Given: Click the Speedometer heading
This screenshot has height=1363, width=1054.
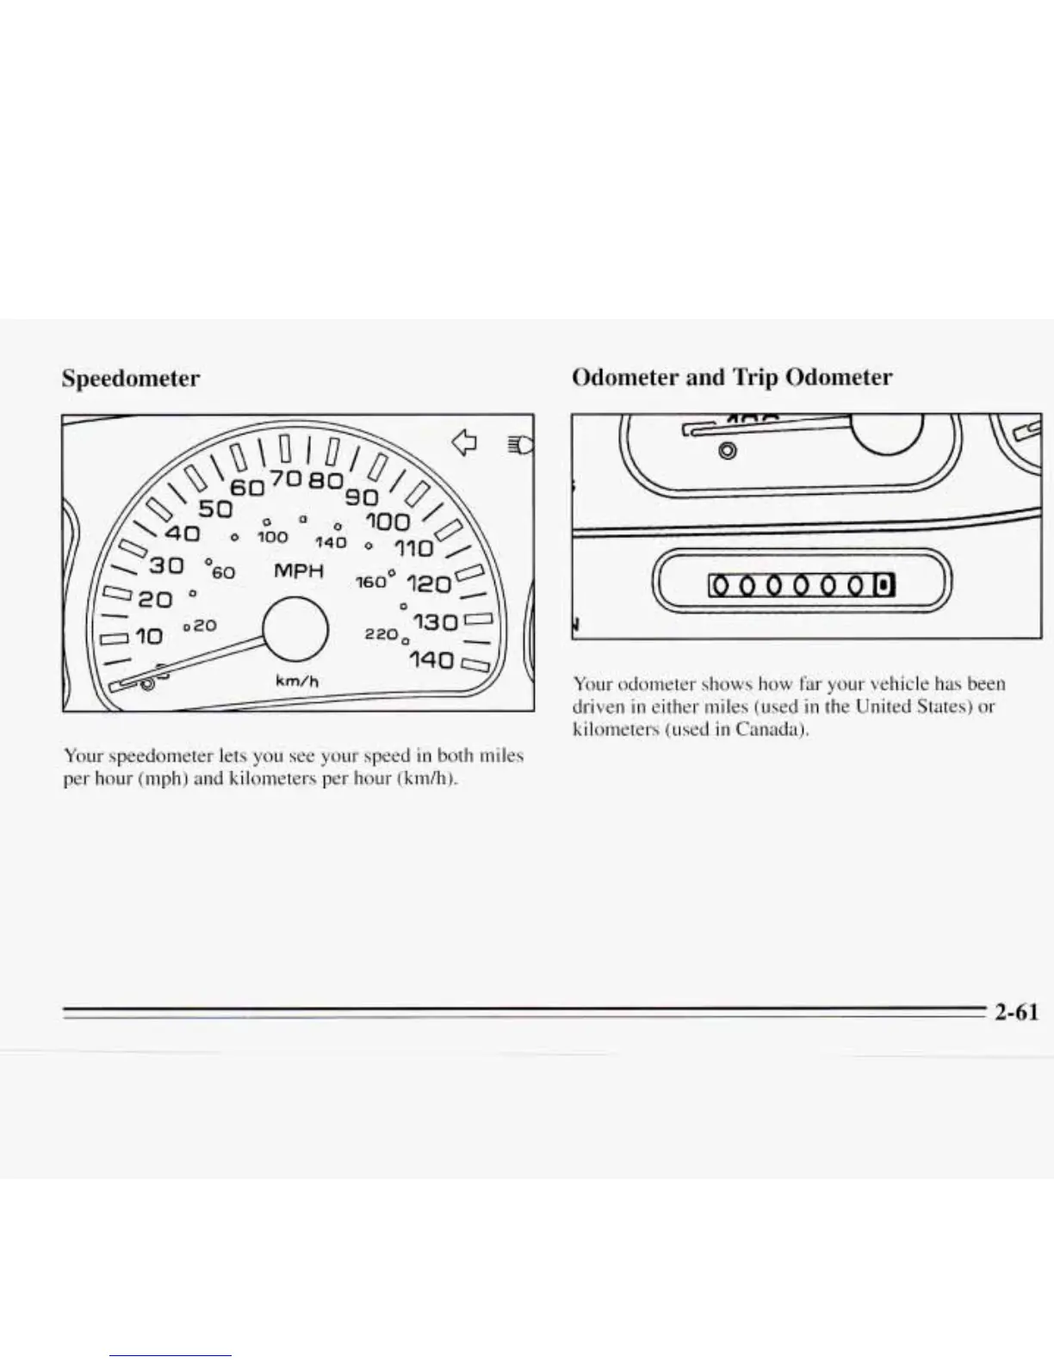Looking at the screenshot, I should (130, 379).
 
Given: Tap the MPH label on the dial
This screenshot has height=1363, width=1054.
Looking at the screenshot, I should (299, 570).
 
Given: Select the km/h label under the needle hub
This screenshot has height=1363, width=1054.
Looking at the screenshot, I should (297, 681).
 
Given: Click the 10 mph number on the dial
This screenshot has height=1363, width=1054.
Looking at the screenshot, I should (148, 637).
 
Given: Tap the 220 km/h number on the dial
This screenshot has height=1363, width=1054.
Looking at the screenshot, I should (379, 633).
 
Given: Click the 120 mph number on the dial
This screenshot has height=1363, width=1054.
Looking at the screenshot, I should (428, 585).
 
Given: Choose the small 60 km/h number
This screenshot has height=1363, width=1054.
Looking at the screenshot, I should (225, 570).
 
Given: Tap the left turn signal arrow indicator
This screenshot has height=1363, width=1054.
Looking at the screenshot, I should (464, 442).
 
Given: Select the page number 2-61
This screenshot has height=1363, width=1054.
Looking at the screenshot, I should (1016, 1012).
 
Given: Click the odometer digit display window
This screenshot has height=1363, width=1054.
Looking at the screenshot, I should (801, 586).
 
